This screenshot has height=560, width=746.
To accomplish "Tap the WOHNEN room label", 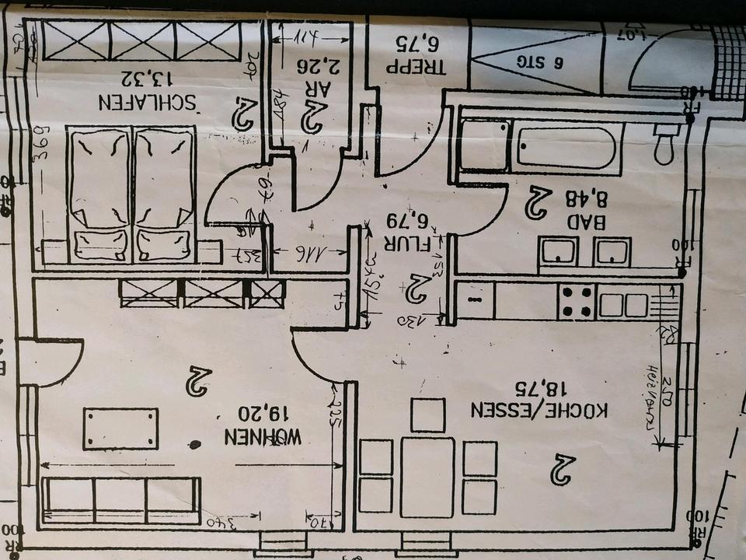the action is point(263,437).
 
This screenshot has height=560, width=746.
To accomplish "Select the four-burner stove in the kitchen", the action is point(577,302).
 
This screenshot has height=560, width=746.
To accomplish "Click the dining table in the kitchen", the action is point(427,477).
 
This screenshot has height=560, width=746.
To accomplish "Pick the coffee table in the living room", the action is point(120,429).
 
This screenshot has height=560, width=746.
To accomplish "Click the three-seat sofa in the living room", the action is point(121,499).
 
